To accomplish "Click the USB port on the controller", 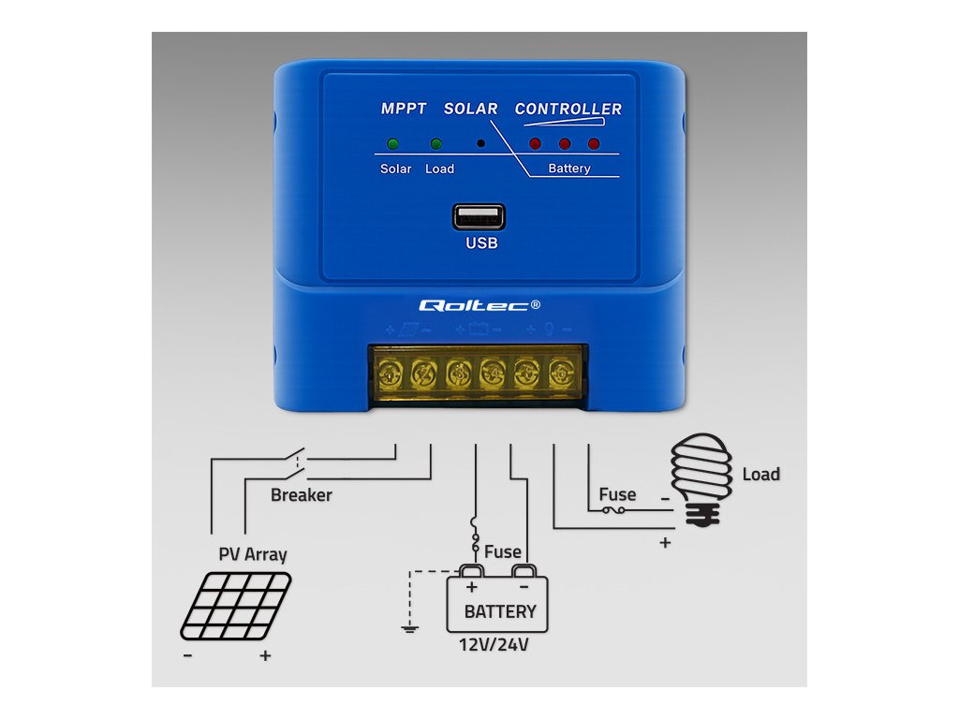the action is coord(479,217).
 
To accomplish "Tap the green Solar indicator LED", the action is coord(392,144).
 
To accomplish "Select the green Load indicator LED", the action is coord(435,144).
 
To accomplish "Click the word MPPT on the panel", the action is coord(404,109).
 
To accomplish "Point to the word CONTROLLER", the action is coord(568,109).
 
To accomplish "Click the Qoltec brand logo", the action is coord(479,305).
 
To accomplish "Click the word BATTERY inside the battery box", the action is coord(500,611).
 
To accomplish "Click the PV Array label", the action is coord(253,553).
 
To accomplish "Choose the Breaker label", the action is coord(301,494).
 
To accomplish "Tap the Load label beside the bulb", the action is coord(760,474).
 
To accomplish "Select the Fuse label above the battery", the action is coord(502,551).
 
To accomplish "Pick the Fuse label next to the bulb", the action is coord(617,494).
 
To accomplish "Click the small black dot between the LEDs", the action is coord(480,144).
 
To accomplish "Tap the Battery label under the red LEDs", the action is coord(568,169).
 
